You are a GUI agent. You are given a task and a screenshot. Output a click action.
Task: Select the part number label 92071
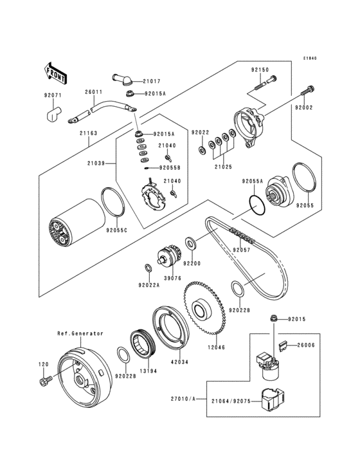[x=53, y=95]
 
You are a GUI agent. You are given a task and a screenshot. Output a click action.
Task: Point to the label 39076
[x=172, y=278]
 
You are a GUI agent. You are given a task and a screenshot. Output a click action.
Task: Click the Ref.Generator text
[x=80, y=333]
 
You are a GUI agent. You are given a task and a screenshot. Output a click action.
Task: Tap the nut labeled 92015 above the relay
[x=273, y=318]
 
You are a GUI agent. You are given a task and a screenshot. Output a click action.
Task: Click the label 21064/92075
[x=231, y=401]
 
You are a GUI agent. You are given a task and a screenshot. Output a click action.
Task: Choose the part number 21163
[x=89, y=133]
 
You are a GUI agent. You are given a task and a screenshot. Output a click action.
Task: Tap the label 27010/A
[x=183, y=399]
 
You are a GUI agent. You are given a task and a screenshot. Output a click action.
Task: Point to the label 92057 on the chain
[x=241, y=250]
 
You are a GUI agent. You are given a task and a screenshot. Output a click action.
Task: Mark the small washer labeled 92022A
[x=148, y=267]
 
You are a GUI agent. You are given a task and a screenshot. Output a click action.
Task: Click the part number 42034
[x=179, y=362]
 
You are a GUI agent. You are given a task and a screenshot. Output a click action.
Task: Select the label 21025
[x=223, y=167]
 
